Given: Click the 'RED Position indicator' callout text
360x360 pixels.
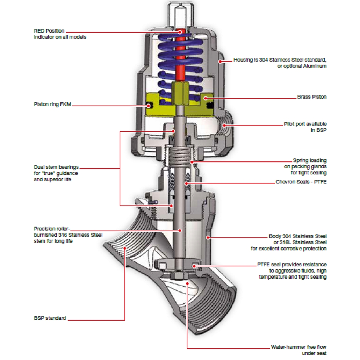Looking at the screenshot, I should [x=60, y=34].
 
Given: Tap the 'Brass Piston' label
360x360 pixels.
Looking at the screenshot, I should [x=312, y=97].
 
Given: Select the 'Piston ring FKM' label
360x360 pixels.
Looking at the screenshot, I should [x=52, y=104].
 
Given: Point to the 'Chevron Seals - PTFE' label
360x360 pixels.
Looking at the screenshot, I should [x=301, y=182].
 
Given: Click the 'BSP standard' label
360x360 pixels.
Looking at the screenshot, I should [x=50, y=318].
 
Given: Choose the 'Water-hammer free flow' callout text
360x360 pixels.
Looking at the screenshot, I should [x=298, y=350].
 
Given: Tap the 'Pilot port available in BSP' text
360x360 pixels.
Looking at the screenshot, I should [x=305, y=127].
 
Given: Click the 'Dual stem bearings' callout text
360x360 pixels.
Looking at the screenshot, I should [x=56, y=173].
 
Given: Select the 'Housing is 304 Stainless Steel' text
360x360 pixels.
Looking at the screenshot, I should [x=280, y=63].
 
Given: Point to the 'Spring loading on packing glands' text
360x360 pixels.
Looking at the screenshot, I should [x=305, y=166].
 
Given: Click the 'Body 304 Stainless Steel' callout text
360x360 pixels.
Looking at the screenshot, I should [x=289, y=242].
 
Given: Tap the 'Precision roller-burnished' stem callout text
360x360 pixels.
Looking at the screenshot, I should [x=68, y=235].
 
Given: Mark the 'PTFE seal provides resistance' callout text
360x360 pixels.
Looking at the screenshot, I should [x=292, y=271].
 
